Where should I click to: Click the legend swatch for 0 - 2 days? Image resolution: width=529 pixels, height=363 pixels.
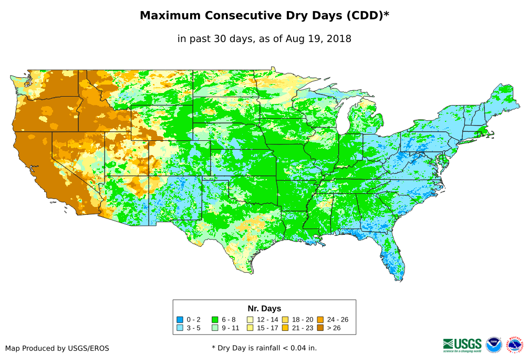point(180,319)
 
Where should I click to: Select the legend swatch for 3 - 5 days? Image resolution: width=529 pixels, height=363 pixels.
point(180,328)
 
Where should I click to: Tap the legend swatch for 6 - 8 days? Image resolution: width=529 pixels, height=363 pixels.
point(215,319)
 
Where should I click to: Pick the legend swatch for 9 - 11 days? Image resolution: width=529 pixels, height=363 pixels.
point(215,328)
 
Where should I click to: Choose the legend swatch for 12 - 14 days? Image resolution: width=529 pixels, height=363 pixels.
point(250,319)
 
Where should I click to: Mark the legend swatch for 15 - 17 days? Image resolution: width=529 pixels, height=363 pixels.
point(250,328)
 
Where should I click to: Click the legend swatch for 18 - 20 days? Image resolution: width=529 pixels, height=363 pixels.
point(285,319)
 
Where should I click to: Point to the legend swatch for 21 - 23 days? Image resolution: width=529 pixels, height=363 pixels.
point(285,328)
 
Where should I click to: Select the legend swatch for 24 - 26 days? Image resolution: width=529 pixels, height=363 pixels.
point(320,319)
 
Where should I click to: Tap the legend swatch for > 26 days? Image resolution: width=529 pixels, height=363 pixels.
point(320,328)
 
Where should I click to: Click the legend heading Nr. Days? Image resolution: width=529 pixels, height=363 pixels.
point(264,308)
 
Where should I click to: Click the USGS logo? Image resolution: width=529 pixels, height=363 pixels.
point(462,345)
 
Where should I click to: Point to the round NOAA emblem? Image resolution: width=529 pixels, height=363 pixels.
point(494,345)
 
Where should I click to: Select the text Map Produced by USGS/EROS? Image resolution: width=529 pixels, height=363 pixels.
point(57,348)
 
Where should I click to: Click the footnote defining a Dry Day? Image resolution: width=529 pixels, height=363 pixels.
point(264,348)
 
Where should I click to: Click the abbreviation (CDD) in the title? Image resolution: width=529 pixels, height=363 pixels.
point(366,16)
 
